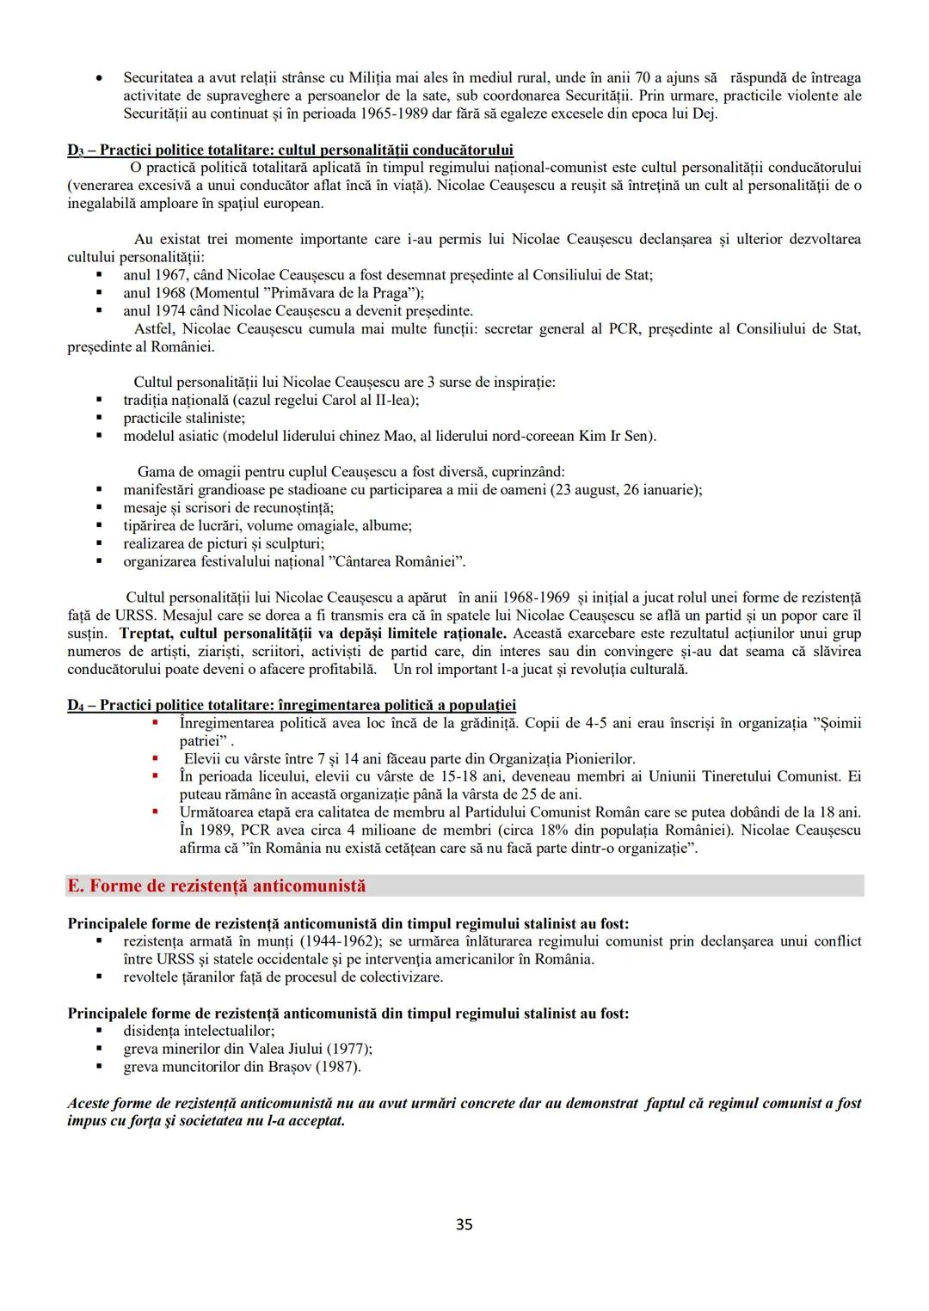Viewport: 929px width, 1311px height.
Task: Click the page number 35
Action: point(464,1224)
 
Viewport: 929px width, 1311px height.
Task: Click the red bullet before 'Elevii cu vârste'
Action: point(156,758)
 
